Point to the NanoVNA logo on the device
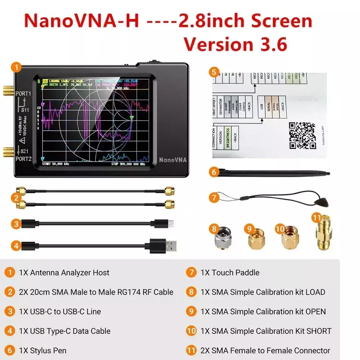tap(173, 159)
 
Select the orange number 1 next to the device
tap(16, 67)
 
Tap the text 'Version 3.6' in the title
tap(235, 45)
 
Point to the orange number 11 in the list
tap(192, 350)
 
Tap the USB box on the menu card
tap(262, 106)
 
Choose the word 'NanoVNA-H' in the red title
tap(82, 21)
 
